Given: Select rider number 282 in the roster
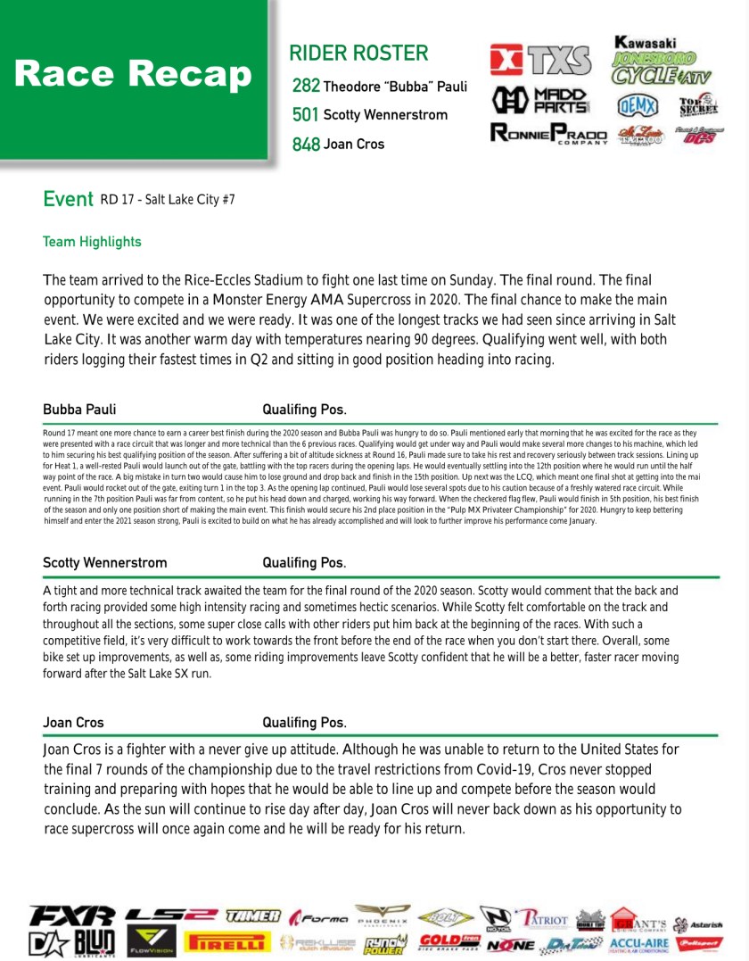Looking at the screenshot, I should point(306,87).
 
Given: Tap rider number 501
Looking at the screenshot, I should point(306,115).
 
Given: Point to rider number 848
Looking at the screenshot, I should point(306,144).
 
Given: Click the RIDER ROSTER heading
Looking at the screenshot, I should point(358,54).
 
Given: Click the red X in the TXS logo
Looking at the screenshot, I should point(506,60).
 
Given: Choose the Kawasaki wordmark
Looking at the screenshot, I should point(646,42).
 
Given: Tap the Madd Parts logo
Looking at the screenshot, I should point(540,99).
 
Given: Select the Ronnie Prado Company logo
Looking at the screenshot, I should point(548,135).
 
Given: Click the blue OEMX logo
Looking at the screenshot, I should point(638,105).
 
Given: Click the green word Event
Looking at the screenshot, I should point(68,199).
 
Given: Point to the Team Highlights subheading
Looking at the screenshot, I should point(92,242).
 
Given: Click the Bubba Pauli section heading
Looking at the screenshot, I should point(79,410).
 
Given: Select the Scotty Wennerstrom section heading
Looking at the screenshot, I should point(104,563).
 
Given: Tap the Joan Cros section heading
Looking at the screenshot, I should point(73,722).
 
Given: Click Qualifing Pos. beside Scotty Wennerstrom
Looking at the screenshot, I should point(304,563).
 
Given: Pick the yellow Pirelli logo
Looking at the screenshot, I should point(226,942).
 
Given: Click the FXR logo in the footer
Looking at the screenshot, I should point(71,916).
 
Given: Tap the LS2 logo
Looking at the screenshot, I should point(170,915).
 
